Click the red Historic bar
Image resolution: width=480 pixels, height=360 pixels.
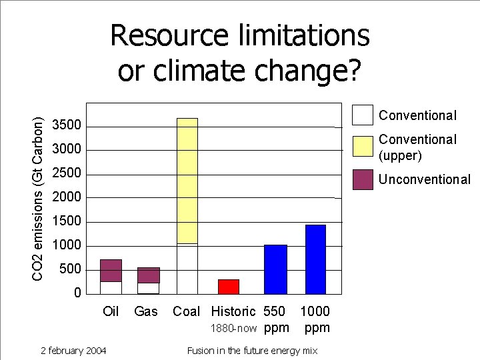(229, 287)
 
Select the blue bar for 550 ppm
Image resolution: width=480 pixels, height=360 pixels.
(275, 269)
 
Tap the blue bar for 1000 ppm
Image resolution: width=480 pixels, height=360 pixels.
(315, 259)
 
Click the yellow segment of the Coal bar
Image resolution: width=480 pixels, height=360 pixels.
(187, 180)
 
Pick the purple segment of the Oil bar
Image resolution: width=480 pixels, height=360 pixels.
(111, 271)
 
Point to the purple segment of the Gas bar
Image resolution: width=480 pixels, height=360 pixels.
(149, 275)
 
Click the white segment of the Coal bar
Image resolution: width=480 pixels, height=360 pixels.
(187, 269)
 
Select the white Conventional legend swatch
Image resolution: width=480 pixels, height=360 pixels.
(363, 115)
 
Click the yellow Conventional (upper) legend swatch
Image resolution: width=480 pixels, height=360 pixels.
(363, 146)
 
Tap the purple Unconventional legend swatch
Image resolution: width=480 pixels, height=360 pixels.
(363, 179)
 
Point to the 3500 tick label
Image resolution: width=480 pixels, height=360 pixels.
(67, 125)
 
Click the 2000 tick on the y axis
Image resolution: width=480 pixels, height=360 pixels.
(67, 197)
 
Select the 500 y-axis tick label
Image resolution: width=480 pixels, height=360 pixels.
(71, 269)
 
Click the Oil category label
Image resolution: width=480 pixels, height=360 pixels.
(111, 311)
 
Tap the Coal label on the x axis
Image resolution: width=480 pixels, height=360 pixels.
(186, 311)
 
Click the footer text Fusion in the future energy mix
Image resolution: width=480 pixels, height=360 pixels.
(252, 351)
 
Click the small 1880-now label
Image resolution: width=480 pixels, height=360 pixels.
(233, 328)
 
